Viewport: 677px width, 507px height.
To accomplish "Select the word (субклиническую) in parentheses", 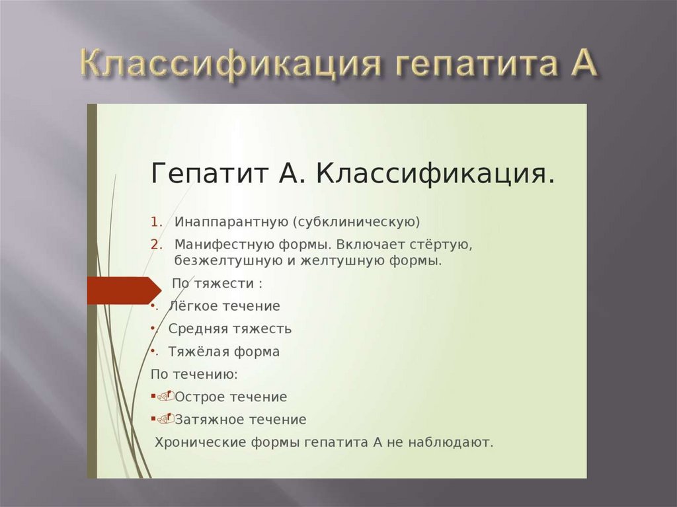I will point(358,221).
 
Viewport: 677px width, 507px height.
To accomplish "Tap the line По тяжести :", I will point(217,284).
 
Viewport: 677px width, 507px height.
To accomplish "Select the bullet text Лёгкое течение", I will point(224,306).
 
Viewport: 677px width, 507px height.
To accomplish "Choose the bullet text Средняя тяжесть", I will point(229,329).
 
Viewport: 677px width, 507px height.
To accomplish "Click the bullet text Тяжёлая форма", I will point(223,352).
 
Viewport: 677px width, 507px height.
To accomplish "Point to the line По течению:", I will point(194,374).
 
